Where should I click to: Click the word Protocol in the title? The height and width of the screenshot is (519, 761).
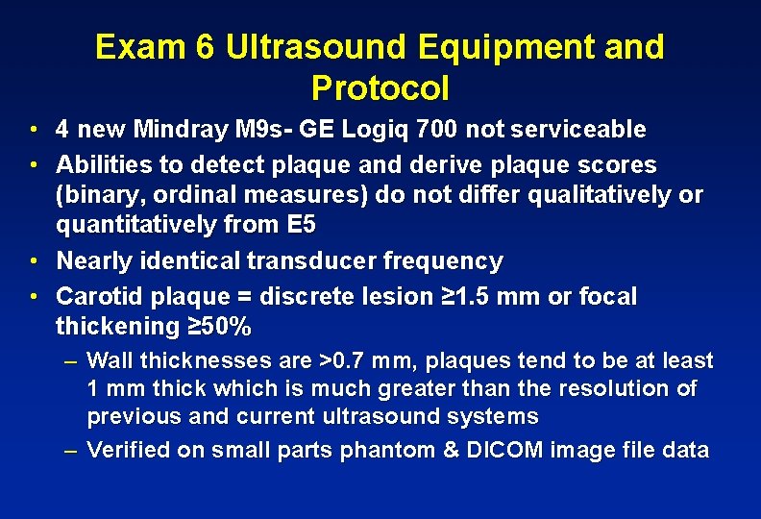(x=380, y=89)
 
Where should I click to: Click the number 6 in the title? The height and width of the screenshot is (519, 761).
(x=205, y=47)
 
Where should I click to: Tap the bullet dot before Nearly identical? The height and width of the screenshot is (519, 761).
(x=33, y=261)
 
